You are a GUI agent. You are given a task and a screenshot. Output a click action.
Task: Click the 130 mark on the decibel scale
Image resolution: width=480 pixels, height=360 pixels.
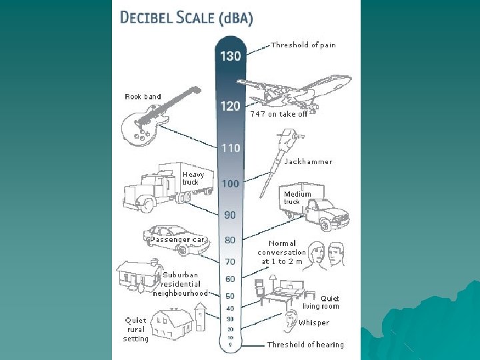click(231, 56)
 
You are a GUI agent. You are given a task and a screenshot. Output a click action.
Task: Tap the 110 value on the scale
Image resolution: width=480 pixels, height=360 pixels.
click(231, 148)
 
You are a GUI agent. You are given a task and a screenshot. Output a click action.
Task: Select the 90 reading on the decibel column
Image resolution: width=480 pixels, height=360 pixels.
click(230, 215)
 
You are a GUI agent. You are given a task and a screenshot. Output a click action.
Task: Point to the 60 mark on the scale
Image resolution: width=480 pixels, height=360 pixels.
click(230, 279)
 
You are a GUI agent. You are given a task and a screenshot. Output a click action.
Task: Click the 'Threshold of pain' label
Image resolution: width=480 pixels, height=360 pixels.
click(303, 45)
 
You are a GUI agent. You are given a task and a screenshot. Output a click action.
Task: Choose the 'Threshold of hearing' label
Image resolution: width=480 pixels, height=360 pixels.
click(305, 345)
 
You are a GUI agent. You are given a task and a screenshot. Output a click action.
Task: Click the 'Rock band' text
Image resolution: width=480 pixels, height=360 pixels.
click(143, 97)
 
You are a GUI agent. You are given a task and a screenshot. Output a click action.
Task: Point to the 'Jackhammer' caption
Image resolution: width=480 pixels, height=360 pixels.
click(308, 161)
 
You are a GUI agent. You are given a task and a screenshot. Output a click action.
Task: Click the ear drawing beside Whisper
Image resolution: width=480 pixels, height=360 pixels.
click(291, 321)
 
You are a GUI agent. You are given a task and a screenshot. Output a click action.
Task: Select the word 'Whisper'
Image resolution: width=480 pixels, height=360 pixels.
click(314, 323)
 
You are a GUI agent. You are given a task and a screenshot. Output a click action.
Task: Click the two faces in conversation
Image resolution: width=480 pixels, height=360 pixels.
click(327, 257)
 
